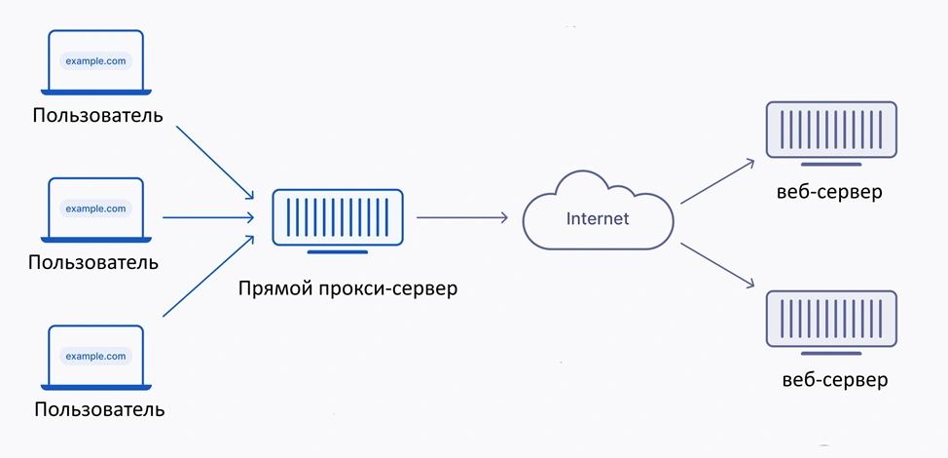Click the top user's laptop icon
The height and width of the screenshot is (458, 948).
pyautogui.click(x=95, y=62)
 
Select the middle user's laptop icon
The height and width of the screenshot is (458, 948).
pyautogui.click(x=95, y=210)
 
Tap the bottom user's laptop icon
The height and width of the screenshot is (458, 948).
pyautogui.click(x=95, y=358)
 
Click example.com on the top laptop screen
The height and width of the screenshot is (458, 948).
pyautogui.click(x=95, y=61)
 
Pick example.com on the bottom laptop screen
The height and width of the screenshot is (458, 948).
pyautogui.click(x=95, y=357)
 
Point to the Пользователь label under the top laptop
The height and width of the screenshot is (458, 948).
pyautogui.click(x=98, y=115)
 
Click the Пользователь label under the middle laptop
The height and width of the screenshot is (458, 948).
pyautogui.click(x=93, y=262)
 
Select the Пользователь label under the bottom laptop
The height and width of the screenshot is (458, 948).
pyautogui.click(x=99, y=409)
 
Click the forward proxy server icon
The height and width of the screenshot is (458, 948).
pyautogui.click(x=338, y=221)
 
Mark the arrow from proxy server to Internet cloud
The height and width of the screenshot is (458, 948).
pyautogui.click(x=462, y=217)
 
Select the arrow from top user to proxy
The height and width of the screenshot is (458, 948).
pyautogui.click(x=215, y=163)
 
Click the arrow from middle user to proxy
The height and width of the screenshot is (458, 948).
pyautogui.click(x=208, y=217)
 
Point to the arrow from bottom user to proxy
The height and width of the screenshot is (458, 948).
pyautogui.click(x=208, y=276)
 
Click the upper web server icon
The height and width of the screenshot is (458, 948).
pyautogui.click(x=831, y=133)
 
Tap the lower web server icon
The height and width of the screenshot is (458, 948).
pyautogui.click(x=831, y=322)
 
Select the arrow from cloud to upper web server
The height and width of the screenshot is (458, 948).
pyautogui.click(x=717, y=181)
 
